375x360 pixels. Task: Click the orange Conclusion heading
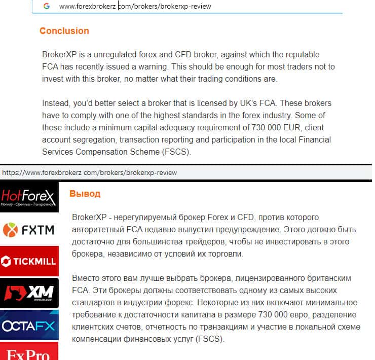pos(64,31)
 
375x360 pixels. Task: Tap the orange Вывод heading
pos(85,194)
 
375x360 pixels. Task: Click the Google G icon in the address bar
pos(47,6)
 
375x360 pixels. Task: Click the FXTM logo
pos(29,230)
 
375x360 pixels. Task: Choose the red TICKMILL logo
pos(29,261)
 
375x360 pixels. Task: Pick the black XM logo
pos(29,293)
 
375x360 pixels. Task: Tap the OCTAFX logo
pos(29,325)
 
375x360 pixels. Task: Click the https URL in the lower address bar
pos(89,172)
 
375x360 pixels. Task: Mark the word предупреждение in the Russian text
pos(240,230)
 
